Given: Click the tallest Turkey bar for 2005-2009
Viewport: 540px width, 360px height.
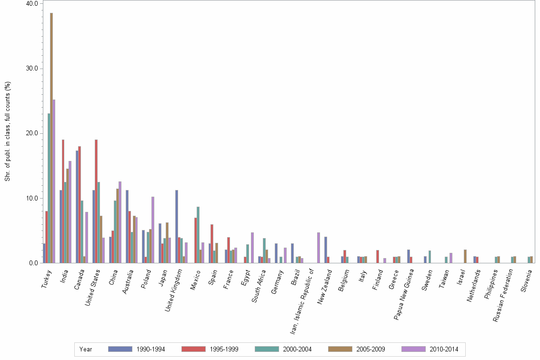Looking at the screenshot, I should pos(51,138).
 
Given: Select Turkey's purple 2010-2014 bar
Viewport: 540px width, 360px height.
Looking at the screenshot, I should pos(54,181).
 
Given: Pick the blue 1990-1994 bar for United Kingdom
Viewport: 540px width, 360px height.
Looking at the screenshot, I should pos(177,226).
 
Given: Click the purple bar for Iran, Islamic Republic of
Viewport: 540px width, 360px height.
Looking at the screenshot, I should pos(319,248).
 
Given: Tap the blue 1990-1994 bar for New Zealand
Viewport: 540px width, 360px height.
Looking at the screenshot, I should pos(326,250).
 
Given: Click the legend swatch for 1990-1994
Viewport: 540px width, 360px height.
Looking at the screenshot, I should pos(120,349).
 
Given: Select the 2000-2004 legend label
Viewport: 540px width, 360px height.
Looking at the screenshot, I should pos(298,349).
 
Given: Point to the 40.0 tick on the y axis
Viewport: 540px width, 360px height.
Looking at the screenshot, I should pos(32,3).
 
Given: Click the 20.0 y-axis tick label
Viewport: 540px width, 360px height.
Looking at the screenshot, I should pos(32,133).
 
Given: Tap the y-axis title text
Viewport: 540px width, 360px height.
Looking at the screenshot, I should pos(8,131).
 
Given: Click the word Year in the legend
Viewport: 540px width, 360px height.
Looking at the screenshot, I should pos(86,349).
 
